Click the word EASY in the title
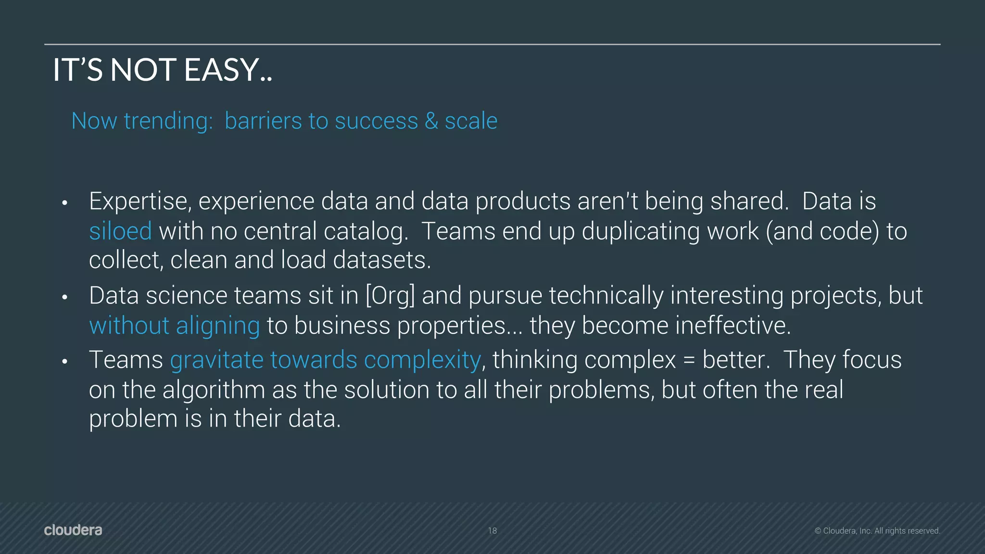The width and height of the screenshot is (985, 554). tap(222, 70)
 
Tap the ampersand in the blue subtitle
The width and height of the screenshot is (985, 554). tap(431, 121)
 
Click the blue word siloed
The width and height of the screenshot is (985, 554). tap(120, 231)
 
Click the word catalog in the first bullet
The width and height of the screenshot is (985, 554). tap(366, 231)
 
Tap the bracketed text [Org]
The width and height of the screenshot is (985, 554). tap(390, 296)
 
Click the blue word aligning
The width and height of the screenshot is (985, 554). tap(218, 326)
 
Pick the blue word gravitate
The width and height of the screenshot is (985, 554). tap(217, 360)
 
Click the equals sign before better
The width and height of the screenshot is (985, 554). tap(689, 360)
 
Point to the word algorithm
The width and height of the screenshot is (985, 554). tap(214, 390)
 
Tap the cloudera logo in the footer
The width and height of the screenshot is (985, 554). tap(73, 530)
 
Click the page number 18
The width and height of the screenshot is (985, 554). tap(492, 531)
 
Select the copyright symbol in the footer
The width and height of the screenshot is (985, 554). tap(818, 531)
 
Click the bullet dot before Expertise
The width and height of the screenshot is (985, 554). tap(64, 203)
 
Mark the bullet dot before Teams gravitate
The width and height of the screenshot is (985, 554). tap(64, 361)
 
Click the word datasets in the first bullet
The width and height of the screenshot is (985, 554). tap(382, 260)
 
